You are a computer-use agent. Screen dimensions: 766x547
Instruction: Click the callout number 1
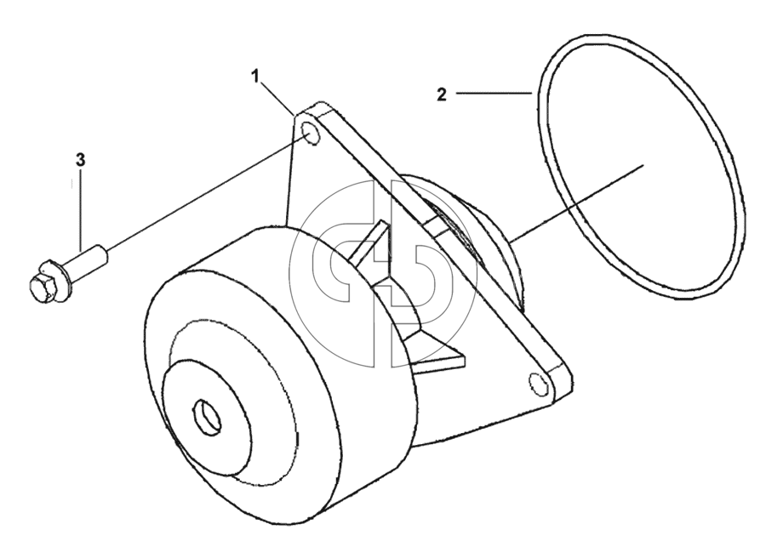pos(255,77)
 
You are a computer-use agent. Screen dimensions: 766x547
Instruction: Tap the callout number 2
pos(442,94)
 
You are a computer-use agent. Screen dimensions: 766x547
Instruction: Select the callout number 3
pos(80,160)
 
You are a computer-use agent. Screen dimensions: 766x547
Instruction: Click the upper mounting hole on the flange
pos(310,134)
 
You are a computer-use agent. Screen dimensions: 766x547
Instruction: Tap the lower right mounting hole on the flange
pos(538,384)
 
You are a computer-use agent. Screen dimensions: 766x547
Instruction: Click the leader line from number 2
pos(494,93)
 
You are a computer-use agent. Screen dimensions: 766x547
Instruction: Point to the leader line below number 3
pos(81,212)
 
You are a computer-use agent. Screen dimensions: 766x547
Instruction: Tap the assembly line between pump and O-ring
pos(577,203)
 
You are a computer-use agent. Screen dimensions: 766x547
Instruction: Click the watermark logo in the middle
pos(382,274)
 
